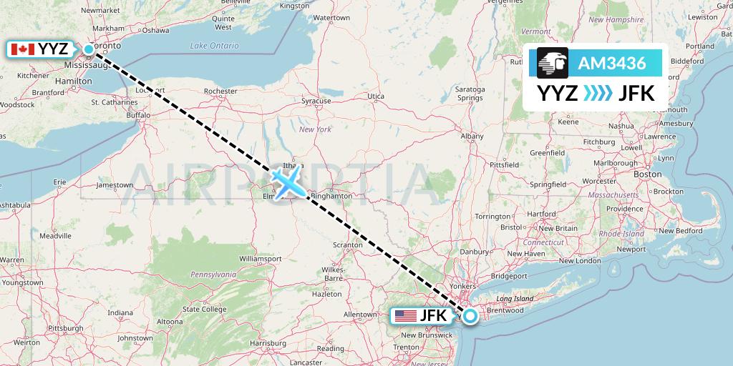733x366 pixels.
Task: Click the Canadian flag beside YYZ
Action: (23, 49)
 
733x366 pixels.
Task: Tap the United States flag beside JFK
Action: (406, 315)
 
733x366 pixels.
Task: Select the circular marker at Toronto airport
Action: (89, 49)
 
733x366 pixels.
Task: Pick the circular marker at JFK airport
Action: (470, 315)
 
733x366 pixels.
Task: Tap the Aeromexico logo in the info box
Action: (552, 64)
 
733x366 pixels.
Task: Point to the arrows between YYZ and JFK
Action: (598, 94)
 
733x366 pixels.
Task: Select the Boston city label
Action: (647, 174)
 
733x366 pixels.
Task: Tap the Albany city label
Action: (472, 136)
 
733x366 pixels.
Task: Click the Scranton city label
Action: (348, 245)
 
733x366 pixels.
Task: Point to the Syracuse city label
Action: (316, 101)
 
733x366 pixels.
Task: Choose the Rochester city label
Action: (220, 91)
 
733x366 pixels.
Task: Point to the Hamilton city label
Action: (78, 81)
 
